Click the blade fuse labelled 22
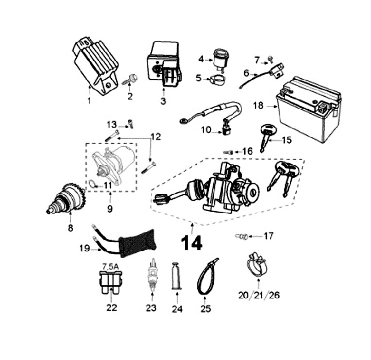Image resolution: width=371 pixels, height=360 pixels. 111,284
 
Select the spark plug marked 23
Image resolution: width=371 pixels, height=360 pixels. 153,273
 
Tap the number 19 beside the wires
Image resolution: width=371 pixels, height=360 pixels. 85,248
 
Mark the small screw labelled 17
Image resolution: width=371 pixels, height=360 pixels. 241,236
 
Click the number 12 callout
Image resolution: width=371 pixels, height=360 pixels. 155,138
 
